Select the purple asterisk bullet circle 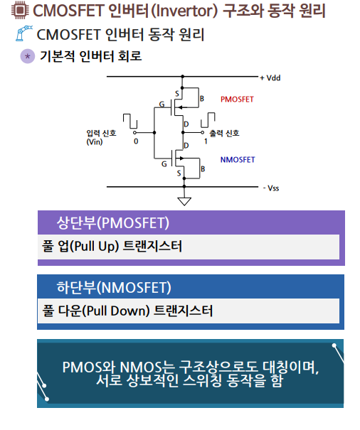click(28, 56)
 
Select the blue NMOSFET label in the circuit click(238, 160)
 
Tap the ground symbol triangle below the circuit click(184, 200)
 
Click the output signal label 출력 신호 click(224, 133)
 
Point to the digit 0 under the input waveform click(136, 141)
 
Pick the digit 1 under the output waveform click(206, 141)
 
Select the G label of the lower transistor click(163, 163)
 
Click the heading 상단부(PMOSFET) click(112, 223)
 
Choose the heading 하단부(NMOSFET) click(113, 288)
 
